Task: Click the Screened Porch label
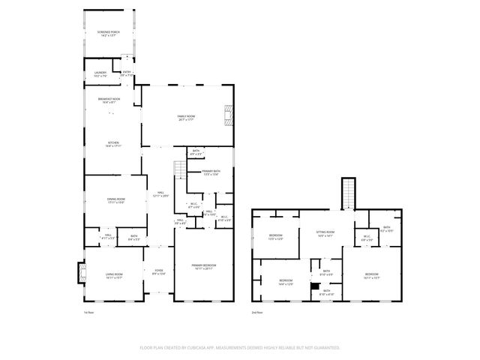tap(109, 34)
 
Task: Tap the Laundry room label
tap(100, 74)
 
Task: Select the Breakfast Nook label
tap(109, 100)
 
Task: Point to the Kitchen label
tap(112, 144)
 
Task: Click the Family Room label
tap(186, 118)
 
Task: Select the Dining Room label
tap(115, 200)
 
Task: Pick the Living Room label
tap(113, 276)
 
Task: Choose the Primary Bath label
tap(211, 172)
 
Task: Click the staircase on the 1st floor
tap(180, 170)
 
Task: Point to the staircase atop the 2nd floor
tap(348, 193)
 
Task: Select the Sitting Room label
tap(325, 234)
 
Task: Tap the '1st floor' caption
tap(88, 311)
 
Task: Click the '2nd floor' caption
tap(256, 311)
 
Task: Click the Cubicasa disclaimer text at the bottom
tap(240, 348)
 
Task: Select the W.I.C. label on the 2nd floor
tap(367, 239)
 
